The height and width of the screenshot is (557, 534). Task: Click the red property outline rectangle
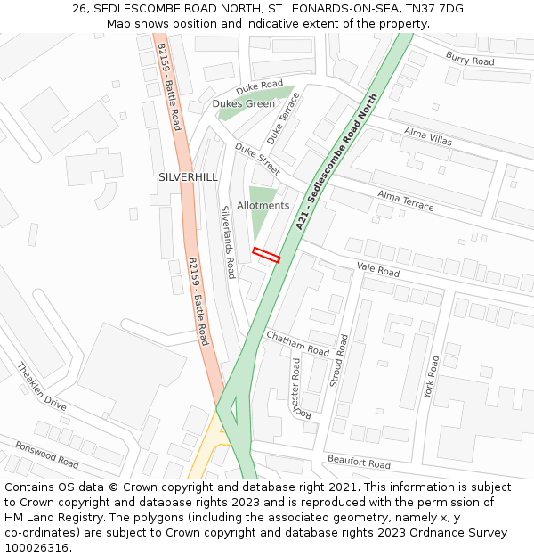(x=266, y=255)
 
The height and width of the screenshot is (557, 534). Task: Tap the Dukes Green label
(x=243, y=104)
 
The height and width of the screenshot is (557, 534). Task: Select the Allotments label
(x=263, y=206)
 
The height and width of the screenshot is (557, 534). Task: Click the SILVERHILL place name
(x=188, y=177)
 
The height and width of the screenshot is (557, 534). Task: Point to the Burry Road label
(x=470, y=60)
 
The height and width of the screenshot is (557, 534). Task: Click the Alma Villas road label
(x=427, y=136)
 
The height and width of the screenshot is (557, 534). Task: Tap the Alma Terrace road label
(x=406, y=201)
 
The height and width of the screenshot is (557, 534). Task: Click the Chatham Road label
(x=297, y=343)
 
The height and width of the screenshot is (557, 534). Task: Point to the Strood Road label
(x=339, y=360)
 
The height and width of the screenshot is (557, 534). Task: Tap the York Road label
(x=432, y=376)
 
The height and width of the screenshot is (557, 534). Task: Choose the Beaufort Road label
(x=359, y=463)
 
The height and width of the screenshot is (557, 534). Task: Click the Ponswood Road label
(x=46, y=455)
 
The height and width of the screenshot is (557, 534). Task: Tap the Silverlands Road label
(x=228, y=242)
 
